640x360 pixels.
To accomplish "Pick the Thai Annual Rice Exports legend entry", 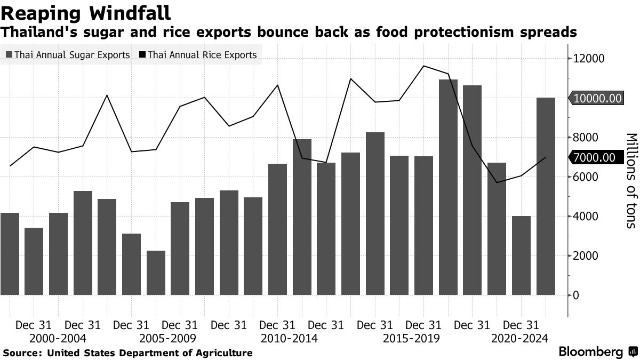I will pyautogui.click(x=197, y=55).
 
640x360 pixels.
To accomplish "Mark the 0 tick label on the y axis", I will pyautogui.click(x=576, y=295).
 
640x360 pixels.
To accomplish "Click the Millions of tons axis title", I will pyautogui.click(x=630, y=180).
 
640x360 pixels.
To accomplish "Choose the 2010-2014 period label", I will pyautogui.click(x=290, y=338).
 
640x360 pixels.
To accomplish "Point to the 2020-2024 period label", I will pyautogui.click(x=519, y=338).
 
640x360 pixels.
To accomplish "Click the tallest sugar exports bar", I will pyautogui.click(x=448, y=187).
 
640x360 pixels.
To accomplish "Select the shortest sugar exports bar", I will pyautogui.click(x=156, y=273).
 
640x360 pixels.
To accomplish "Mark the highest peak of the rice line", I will pyautogui.click(x=423, y=66).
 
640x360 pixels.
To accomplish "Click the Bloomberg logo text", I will pyautogui.click(x=590, y=352).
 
